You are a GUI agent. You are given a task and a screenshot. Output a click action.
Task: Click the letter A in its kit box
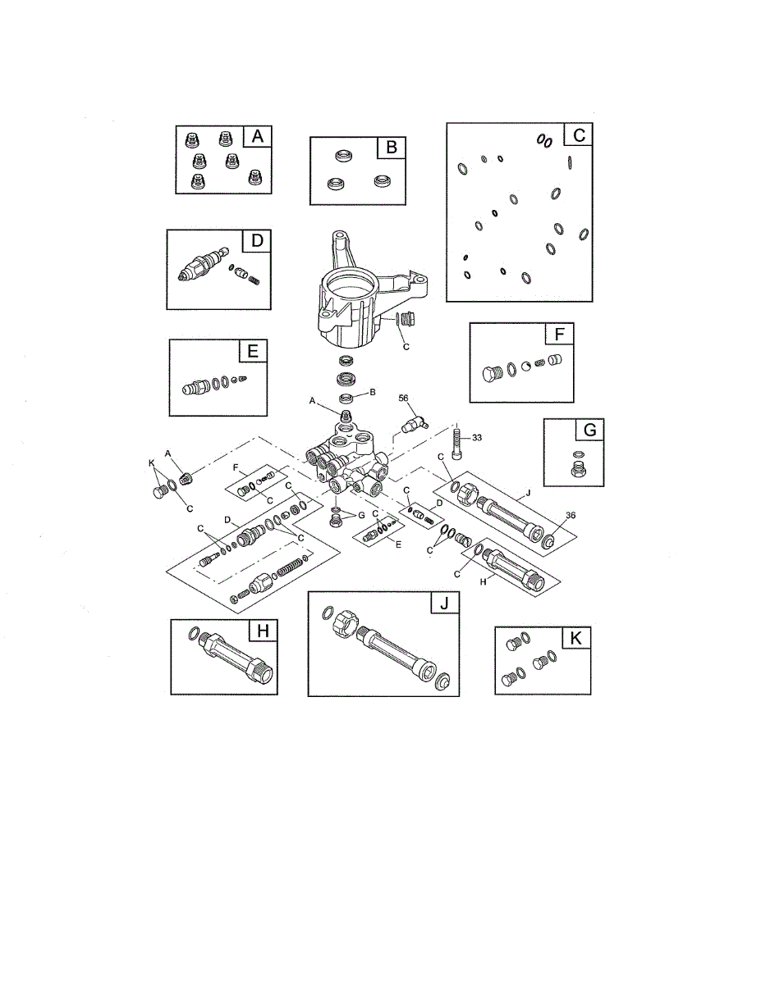[x=258, y=138]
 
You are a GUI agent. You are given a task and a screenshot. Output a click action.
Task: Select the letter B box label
[x=392, y=148]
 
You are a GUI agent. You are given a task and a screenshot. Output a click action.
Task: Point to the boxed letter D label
[x=257, y=241]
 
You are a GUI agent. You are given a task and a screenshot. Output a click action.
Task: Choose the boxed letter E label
[x=253, y=352]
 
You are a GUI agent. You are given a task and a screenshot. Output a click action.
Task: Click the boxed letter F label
[x=559, y=335]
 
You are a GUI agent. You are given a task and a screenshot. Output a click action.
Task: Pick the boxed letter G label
[x=567, y=431]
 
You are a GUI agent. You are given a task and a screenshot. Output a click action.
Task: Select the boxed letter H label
[x=262, y=631]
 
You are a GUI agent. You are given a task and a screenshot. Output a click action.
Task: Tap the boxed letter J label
[x=445, y=604]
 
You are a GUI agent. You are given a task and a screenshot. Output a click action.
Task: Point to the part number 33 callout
[x=476, y=437]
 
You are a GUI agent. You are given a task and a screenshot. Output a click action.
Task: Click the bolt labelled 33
[x=456, y=447]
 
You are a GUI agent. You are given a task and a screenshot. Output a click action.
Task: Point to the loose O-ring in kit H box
[x=195, y=632]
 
